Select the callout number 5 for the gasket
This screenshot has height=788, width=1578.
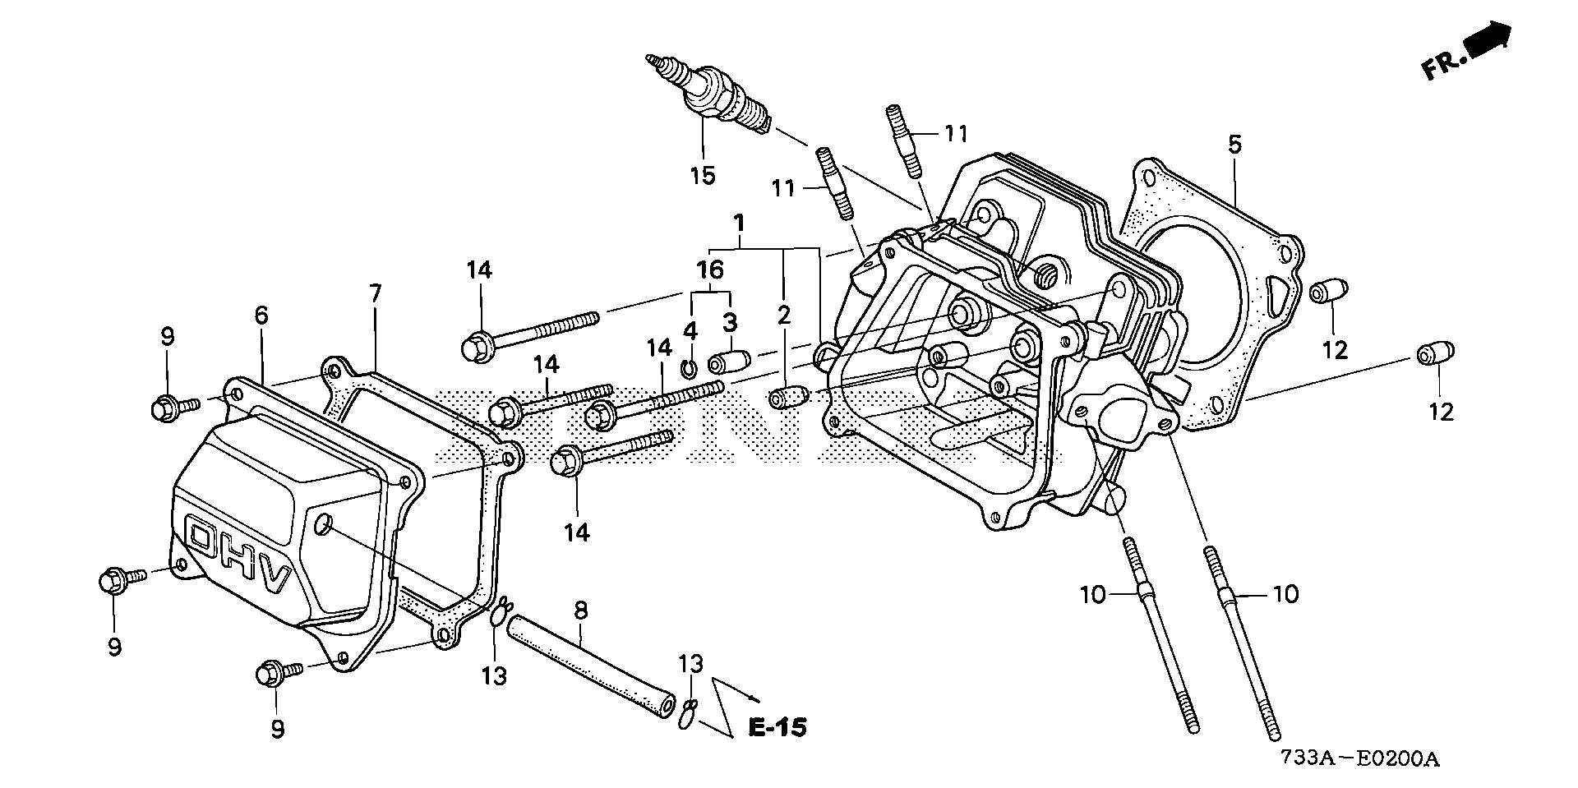click(1234, 145)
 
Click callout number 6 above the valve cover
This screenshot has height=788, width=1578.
click(261, 315)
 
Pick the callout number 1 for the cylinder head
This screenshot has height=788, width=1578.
click(739, 223)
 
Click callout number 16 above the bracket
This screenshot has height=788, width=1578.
click(710, 269)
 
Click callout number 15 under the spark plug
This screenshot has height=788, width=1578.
click(703, 175)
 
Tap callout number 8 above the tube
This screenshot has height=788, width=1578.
click(581, 610)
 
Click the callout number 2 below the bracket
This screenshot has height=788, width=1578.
click(784, 313)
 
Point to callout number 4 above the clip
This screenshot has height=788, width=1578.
click(690, 330)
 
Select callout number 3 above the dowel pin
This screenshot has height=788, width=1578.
click(730, 321)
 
